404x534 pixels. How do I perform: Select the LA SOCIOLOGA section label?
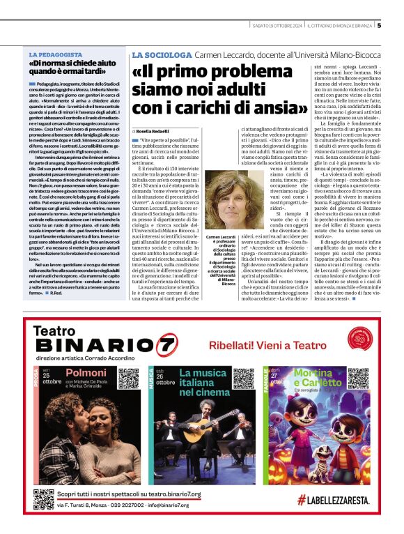(x=162, y=54)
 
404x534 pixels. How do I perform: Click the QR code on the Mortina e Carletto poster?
(x=358, y=379)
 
